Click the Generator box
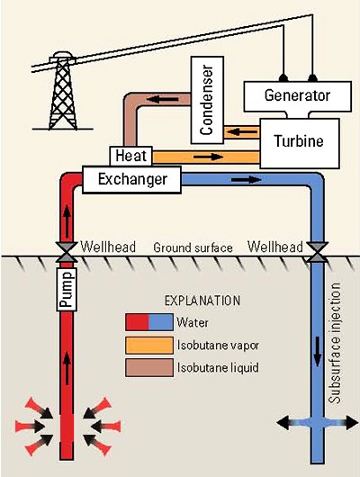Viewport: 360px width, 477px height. (x=298, y=96)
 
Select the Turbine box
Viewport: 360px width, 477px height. (x=300, y=143)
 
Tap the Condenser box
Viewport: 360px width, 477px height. (x=207, y=100)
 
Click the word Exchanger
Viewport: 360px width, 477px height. (x=132, y=179)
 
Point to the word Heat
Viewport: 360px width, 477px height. (x=130, y=156)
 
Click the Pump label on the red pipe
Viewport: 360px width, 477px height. (x=67, y=290)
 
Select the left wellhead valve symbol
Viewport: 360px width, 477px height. (x=67, y=252)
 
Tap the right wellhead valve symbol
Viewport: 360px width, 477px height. (x=317, y=252)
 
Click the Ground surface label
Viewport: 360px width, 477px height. (x=193, y=247)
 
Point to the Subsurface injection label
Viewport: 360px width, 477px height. (x=335, y=343)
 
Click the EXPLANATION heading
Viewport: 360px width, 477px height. (x=202, y=301)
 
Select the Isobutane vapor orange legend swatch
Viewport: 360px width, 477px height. (x=149, y=346)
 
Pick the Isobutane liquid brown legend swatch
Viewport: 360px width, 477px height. (x=149, y=368)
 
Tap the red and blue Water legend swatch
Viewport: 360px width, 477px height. (x=149, y=322)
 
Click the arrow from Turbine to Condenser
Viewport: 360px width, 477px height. (x=242, y=132)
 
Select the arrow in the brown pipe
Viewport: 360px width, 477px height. (x=163, y=99)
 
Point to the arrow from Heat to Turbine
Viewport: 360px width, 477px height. (x=209, y=157)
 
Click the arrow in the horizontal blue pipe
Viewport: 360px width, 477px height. (x=247, y=180)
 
